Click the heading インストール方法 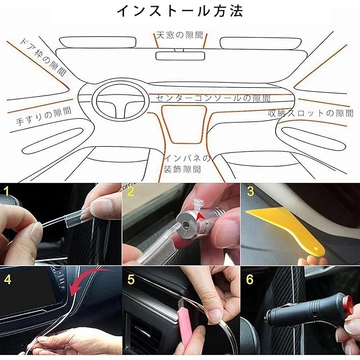tap(180, 11)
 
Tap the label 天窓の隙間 tap(180, 35)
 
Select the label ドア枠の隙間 tap(44, 57)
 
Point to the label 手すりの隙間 tap(44, 116)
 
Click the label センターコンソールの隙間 tap(213, 98)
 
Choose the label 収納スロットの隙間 tap(310, 113)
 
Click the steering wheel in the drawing tap(119, 100)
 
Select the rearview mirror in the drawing tap(180, 56)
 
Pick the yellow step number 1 tap(7, 191)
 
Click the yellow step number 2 tap(130, 191)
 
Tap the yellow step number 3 tap(250, 191)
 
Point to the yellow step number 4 tap(7, 279)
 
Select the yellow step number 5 tap(131, 279)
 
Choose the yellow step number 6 tap(250, 279)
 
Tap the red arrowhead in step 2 tap(201, 216)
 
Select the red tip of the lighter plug tap(348, 305)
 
